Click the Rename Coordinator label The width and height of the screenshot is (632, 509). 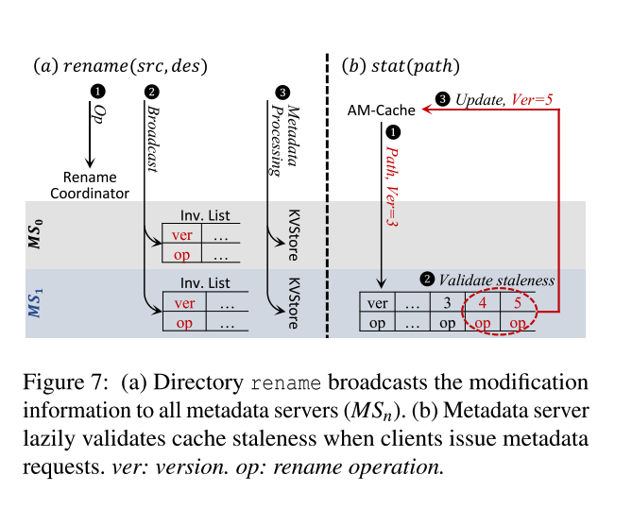tap(91, 185)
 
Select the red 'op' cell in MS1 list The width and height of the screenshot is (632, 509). tap(184, 322)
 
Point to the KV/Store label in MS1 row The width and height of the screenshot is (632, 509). tap(292, 301)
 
